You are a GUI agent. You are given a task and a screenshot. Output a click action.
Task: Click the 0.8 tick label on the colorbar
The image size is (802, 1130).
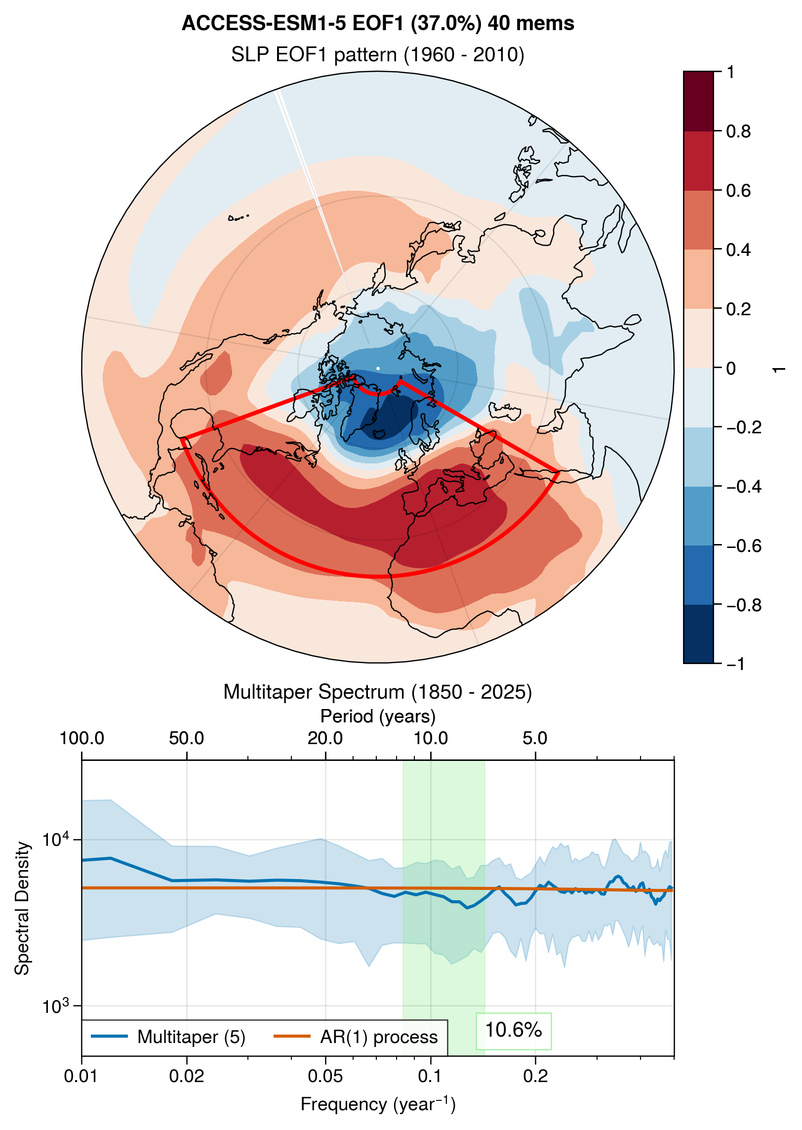(738, 131)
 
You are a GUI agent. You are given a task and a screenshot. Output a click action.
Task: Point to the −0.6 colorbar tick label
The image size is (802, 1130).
(743, 546)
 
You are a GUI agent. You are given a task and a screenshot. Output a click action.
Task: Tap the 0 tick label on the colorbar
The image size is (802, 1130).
(731, 369)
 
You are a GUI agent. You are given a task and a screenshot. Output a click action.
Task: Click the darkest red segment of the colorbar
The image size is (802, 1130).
(698, 101)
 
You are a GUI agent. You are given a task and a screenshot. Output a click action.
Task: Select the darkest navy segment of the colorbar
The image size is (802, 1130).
(698, 634)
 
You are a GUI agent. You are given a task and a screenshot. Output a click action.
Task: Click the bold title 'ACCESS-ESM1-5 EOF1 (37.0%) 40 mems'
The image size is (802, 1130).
(378, 23)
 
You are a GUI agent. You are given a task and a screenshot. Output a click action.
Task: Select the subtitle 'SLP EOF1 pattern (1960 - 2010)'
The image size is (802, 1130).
(378, 54)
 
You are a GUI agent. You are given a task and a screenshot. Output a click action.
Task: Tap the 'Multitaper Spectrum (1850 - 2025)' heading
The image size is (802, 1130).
(378, 692)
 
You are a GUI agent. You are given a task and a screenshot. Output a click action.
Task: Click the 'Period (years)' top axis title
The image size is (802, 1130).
(378, 716)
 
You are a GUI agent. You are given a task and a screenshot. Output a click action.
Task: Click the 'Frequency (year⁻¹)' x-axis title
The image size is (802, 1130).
(378, 1104)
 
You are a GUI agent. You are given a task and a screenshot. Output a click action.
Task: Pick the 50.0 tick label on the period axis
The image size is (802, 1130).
(186, 738)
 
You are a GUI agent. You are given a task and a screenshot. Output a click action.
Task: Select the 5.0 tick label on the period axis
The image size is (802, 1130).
(535, 738)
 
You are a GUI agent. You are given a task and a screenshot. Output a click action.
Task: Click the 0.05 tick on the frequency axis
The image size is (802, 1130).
(325, 1076)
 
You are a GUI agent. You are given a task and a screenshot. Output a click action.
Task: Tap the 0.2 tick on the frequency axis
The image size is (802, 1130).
(535, 1076)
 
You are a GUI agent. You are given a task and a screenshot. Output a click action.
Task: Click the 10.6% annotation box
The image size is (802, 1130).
(514, 1030)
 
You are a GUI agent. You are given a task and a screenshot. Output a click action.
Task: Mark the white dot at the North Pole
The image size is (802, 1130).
(378, 368)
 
